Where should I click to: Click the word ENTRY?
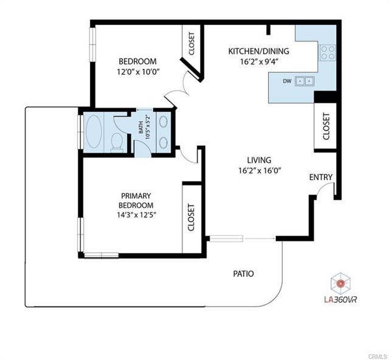[x=321, y=178]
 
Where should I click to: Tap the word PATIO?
[x=243, y=274]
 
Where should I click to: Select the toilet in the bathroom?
[x=118, y=142]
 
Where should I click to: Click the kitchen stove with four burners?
[x=328, y=53]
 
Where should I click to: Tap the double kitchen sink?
[x=305, y=80]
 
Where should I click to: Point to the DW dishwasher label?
[x=286, y=80]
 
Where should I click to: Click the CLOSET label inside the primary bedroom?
[x=191, y=217]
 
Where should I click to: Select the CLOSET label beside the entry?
[x=326, y=126]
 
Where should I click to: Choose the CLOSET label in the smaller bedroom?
[x=191, y=44]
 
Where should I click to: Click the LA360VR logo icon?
[x=341, y=282]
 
